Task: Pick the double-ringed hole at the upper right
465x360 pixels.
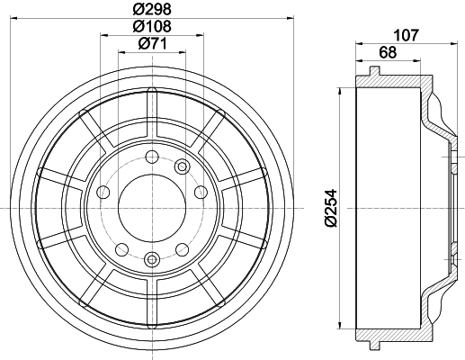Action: (183, 166)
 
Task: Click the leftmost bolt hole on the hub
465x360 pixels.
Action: (103, 191)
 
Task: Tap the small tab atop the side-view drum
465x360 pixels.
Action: (372, 69)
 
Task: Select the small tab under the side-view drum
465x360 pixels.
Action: (372, 347)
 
